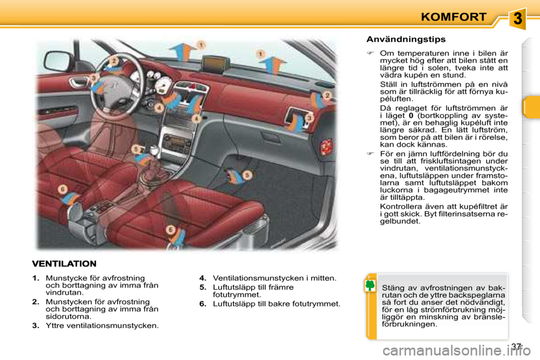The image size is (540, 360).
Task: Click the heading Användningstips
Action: (406, 39)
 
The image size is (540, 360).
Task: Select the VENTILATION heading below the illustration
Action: (64, 263)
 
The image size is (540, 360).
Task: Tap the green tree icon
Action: (370, 286)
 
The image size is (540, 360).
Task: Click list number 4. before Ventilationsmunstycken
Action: (203, 278)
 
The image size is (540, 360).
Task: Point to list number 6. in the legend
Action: (203, 304)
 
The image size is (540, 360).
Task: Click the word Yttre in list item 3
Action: (55, 325)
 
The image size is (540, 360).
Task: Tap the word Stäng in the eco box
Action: (392, 288)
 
